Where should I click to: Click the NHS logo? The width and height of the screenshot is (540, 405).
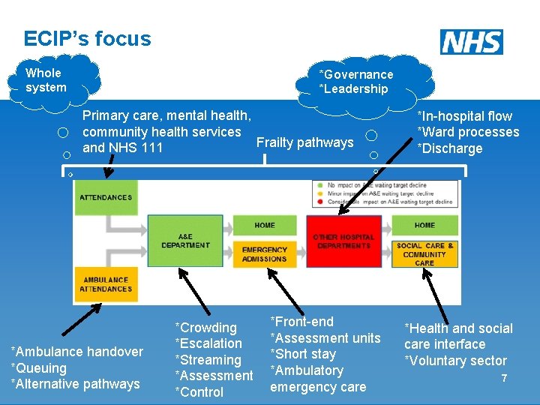pyautogui.click(x=472, y=42)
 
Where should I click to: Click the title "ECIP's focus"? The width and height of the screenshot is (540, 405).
pyautogui.click(x=87, y=39)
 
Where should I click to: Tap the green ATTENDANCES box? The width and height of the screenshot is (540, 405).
pyautogui.click(x=105, y=198)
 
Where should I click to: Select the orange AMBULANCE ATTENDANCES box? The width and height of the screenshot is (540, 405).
pyautogui.click(x=105, y=284)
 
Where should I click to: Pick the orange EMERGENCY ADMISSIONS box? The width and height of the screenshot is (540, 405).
pyautogui.click(x=265, y=254)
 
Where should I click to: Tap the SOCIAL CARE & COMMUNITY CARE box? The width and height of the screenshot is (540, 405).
pyautogui.click(x=424, y=254)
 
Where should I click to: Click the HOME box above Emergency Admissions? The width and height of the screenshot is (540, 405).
pyautogui.click(x=265, y=225)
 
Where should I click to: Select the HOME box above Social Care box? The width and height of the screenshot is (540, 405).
pyautogui.click(x=424, y=225)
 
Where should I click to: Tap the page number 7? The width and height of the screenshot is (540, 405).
pyautogui.click(x=504, y=378)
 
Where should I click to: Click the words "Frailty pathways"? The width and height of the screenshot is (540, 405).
pyautogui.click(x=304, y=142)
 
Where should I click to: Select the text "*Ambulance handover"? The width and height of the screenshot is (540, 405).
pyautogui.click(x=76, y=352)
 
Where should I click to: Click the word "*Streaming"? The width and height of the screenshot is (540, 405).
pyautogui.click(x=208, y=360)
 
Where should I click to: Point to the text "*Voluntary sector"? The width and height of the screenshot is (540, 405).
pyautogui.click(x=455, y=361)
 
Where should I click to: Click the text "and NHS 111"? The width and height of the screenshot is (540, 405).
pyautogui.click(x=122, y=148)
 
